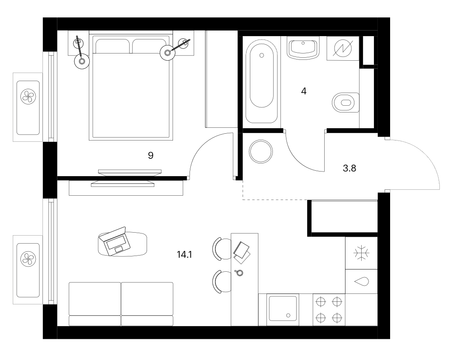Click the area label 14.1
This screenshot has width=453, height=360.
click(x=184, y=255)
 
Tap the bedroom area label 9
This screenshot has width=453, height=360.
click(x=150, y=156)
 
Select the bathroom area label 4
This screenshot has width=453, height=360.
click(x=304, y=91)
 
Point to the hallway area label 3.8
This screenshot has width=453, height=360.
click(x=349, y=168)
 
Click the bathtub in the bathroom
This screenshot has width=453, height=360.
click(x=261, y=82)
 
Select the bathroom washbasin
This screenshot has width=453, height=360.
click(x=303, y=48)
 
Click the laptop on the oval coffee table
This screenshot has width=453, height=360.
click(x=115, y=241)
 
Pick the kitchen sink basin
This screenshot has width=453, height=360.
click(x=283, y=308)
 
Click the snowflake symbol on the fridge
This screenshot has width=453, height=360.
click(x=361, y=253)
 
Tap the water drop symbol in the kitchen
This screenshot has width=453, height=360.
click(x=361, y=281)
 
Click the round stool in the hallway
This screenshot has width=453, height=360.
click(x=261, y=151)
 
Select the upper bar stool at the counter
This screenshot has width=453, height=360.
click(x=222, y=249)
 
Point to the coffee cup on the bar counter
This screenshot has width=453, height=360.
click(x=239, y=272)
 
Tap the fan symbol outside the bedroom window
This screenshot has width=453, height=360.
click(x=28, y=96)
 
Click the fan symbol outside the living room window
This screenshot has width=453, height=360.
click(x=28, y=259)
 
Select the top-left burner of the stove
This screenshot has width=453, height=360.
click(x=321, y=302)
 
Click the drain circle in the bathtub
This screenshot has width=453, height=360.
click(x=262, y=55)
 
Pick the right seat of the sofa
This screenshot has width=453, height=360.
click(x=147, y=304)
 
